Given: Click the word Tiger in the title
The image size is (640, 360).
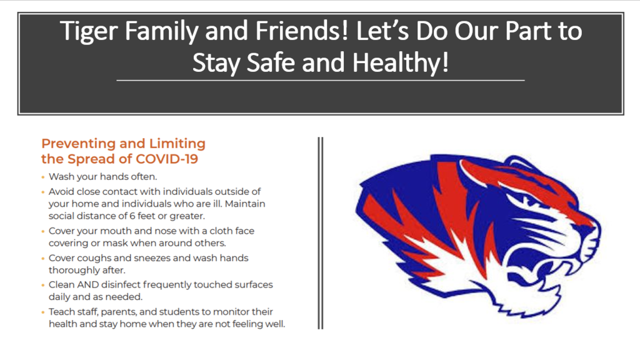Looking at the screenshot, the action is pos(89,31).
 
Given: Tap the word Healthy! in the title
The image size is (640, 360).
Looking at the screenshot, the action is pos(400,63).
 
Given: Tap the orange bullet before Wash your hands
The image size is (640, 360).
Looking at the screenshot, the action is pos(43,177).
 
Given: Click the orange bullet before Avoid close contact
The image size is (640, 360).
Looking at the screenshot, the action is pos(43,192).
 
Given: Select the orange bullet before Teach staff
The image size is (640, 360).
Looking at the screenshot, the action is pos(43,312).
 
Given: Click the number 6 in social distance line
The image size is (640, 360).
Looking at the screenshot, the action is pos(132,216).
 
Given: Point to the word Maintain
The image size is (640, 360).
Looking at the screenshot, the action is pos(245,204).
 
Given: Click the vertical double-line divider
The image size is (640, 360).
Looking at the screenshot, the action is pos(321,233).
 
